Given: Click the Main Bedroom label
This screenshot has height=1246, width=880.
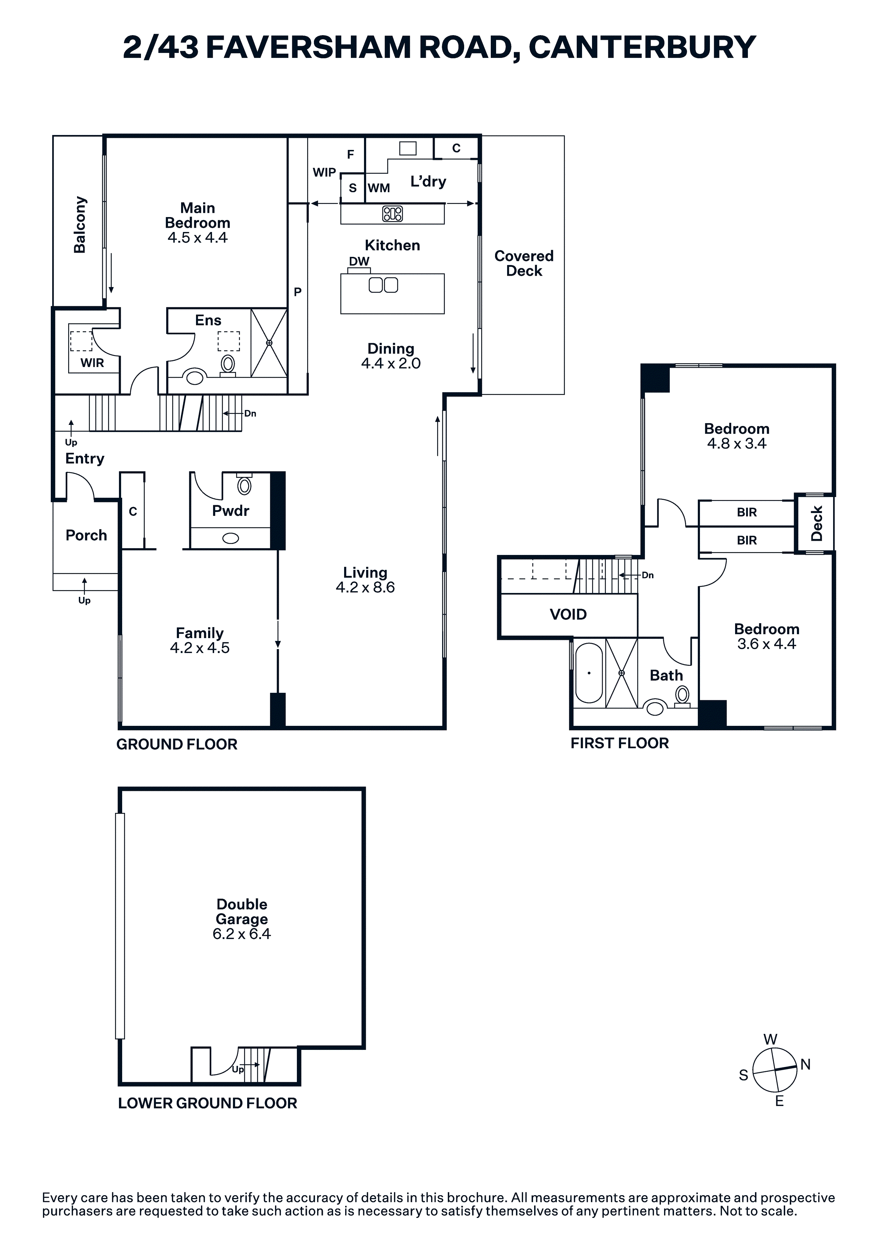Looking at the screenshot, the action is [x=197, y=215].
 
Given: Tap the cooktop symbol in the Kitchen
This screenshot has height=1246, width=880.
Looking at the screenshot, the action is [x=392, y=214].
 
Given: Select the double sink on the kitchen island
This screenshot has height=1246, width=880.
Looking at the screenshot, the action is [x=383, y=285].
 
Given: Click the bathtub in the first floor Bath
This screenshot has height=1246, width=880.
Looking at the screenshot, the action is [x=589, y=673].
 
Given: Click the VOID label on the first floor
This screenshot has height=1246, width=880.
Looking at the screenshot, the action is [x=568, y=614].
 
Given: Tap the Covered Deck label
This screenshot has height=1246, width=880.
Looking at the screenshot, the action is [x=524, y=263].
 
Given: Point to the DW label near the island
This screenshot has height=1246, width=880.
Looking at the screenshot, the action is [x=359, y=261].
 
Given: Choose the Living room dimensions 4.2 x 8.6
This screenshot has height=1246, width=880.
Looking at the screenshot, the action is [x=365, y=587].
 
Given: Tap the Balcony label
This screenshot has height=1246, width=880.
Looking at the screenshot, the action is [x=80, y=225].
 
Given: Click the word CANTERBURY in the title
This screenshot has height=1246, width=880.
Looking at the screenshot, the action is [x=642, y=47].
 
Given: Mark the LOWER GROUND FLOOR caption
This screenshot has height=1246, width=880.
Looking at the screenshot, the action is [x=208, y=1103].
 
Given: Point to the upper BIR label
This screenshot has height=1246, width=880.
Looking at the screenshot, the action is [x=746, y=512].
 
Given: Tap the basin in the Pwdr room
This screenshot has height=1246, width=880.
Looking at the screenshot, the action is [x=230, y=538].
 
